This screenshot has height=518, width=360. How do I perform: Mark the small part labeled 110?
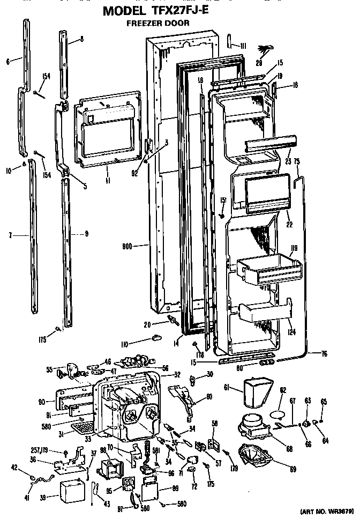point(156,337)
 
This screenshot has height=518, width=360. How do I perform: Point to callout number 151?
point(223,201)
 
